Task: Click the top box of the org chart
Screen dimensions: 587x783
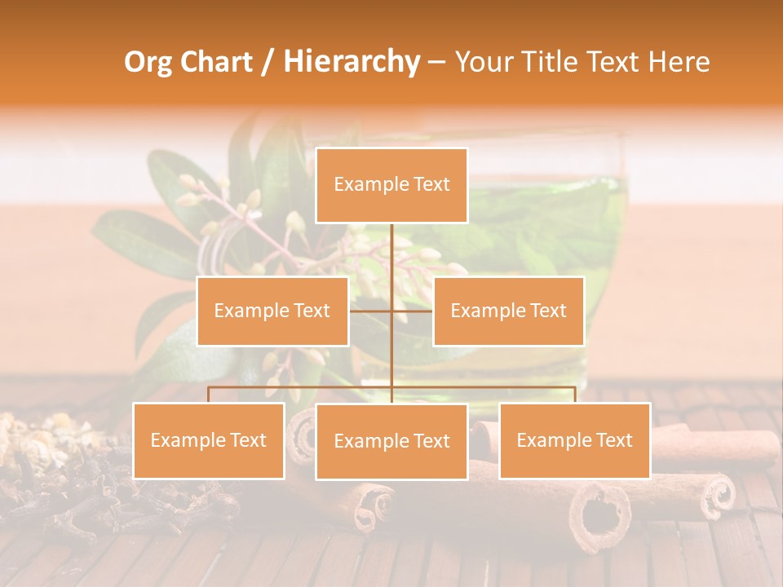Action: coord(391,185)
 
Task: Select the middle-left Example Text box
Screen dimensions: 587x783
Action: coord(272,311)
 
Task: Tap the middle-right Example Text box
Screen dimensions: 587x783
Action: coord(508,311)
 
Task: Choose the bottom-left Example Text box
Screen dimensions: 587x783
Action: coord(208,440)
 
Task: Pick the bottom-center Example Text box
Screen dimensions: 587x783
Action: coord(391,441)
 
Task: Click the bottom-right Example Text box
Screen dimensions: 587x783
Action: coord(574,440)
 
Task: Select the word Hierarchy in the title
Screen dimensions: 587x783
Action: coord(351,62)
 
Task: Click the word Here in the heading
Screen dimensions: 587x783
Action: coord(679,62)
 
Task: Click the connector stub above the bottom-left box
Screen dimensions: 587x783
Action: coord(208,395)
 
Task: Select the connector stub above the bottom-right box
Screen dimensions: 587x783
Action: coord(574,395)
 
